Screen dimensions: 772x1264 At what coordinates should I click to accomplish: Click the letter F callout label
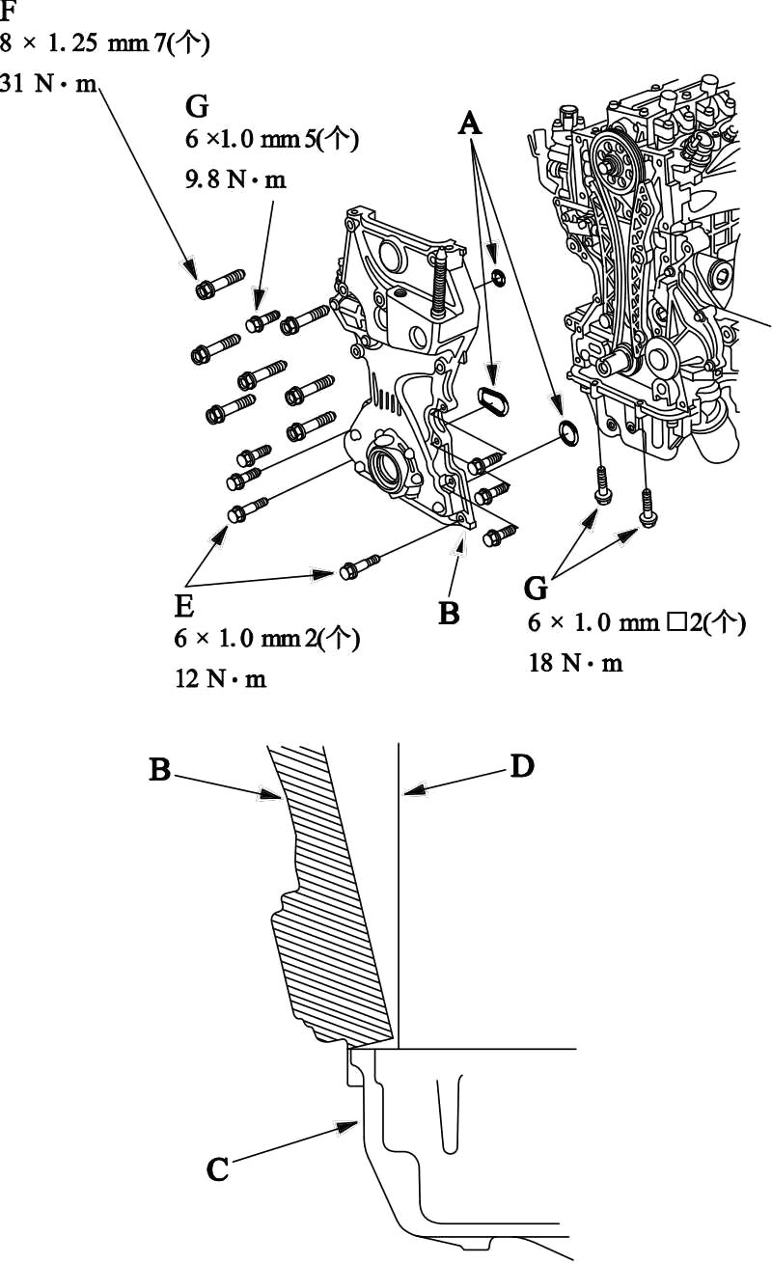(8, 11)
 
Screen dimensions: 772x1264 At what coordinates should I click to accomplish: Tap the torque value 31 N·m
(48, 84)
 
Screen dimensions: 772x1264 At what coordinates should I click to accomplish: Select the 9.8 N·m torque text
(235, 179)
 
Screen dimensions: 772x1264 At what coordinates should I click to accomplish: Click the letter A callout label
(470, 123)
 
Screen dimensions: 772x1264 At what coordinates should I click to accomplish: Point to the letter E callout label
(184, 607)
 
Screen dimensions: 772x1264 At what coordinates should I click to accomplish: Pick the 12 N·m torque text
(220, 678)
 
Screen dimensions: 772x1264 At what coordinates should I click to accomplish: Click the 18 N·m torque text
(575, 663)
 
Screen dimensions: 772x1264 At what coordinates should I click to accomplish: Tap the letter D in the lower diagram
(522, 766)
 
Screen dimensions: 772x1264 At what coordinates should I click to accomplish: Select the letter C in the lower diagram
(218, 1169)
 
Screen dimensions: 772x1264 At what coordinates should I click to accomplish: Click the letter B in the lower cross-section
(159, 769)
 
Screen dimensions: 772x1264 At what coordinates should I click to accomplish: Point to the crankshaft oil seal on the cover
(384, 467)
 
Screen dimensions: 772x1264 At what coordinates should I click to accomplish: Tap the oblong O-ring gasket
(493, 400)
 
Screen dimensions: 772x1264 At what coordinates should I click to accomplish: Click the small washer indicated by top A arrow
(499, 277)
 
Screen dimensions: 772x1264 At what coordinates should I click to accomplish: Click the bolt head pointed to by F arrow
(205, 290)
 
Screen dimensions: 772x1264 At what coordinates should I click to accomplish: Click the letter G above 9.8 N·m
(197, 106)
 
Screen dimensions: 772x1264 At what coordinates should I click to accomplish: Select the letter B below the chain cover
(449, 614)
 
